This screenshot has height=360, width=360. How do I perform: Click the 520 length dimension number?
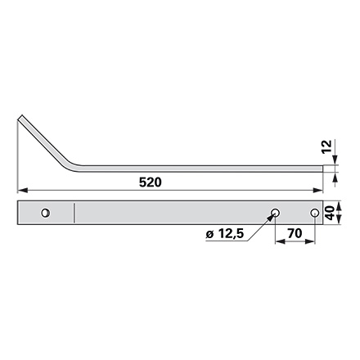[x=150, y=182]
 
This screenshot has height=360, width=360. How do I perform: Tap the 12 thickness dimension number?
[x=326, y=146]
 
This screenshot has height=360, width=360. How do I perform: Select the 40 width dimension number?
[x=330, y=213]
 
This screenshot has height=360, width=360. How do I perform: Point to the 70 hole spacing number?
[x=295, y=233]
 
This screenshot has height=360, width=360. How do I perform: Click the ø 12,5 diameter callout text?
[x=224, y=234]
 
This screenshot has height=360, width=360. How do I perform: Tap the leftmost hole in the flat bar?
[x=46, y=213]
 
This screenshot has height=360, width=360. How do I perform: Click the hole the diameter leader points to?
[x=275, y=213]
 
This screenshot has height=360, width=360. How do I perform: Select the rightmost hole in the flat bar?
[x=315, y=213]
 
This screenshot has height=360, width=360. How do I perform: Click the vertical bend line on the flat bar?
[x=74, y=213]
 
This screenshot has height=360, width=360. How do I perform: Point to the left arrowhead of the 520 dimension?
[x=22, y=190]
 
